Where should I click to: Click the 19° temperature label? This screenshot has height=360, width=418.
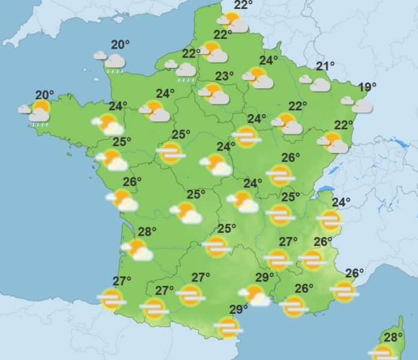368,87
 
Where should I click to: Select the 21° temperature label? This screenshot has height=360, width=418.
325,66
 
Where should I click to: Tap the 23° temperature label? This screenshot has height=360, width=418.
225,76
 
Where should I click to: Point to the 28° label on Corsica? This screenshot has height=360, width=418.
393,337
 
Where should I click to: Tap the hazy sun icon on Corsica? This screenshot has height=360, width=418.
383,352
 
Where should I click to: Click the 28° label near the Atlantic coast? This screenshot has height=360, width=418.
147,232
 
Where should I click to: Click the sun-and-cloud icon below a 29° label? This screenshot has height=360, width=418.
255,295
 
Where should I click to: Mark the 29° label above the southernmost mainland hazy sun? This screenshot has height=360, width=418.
238,310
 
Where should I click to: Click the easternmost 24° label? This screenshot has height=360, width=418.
341,202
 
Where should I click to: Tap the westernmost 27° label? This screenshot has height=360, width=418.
122,281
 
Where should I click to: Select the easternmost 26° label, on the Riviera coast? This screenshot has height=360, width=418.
354,274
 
